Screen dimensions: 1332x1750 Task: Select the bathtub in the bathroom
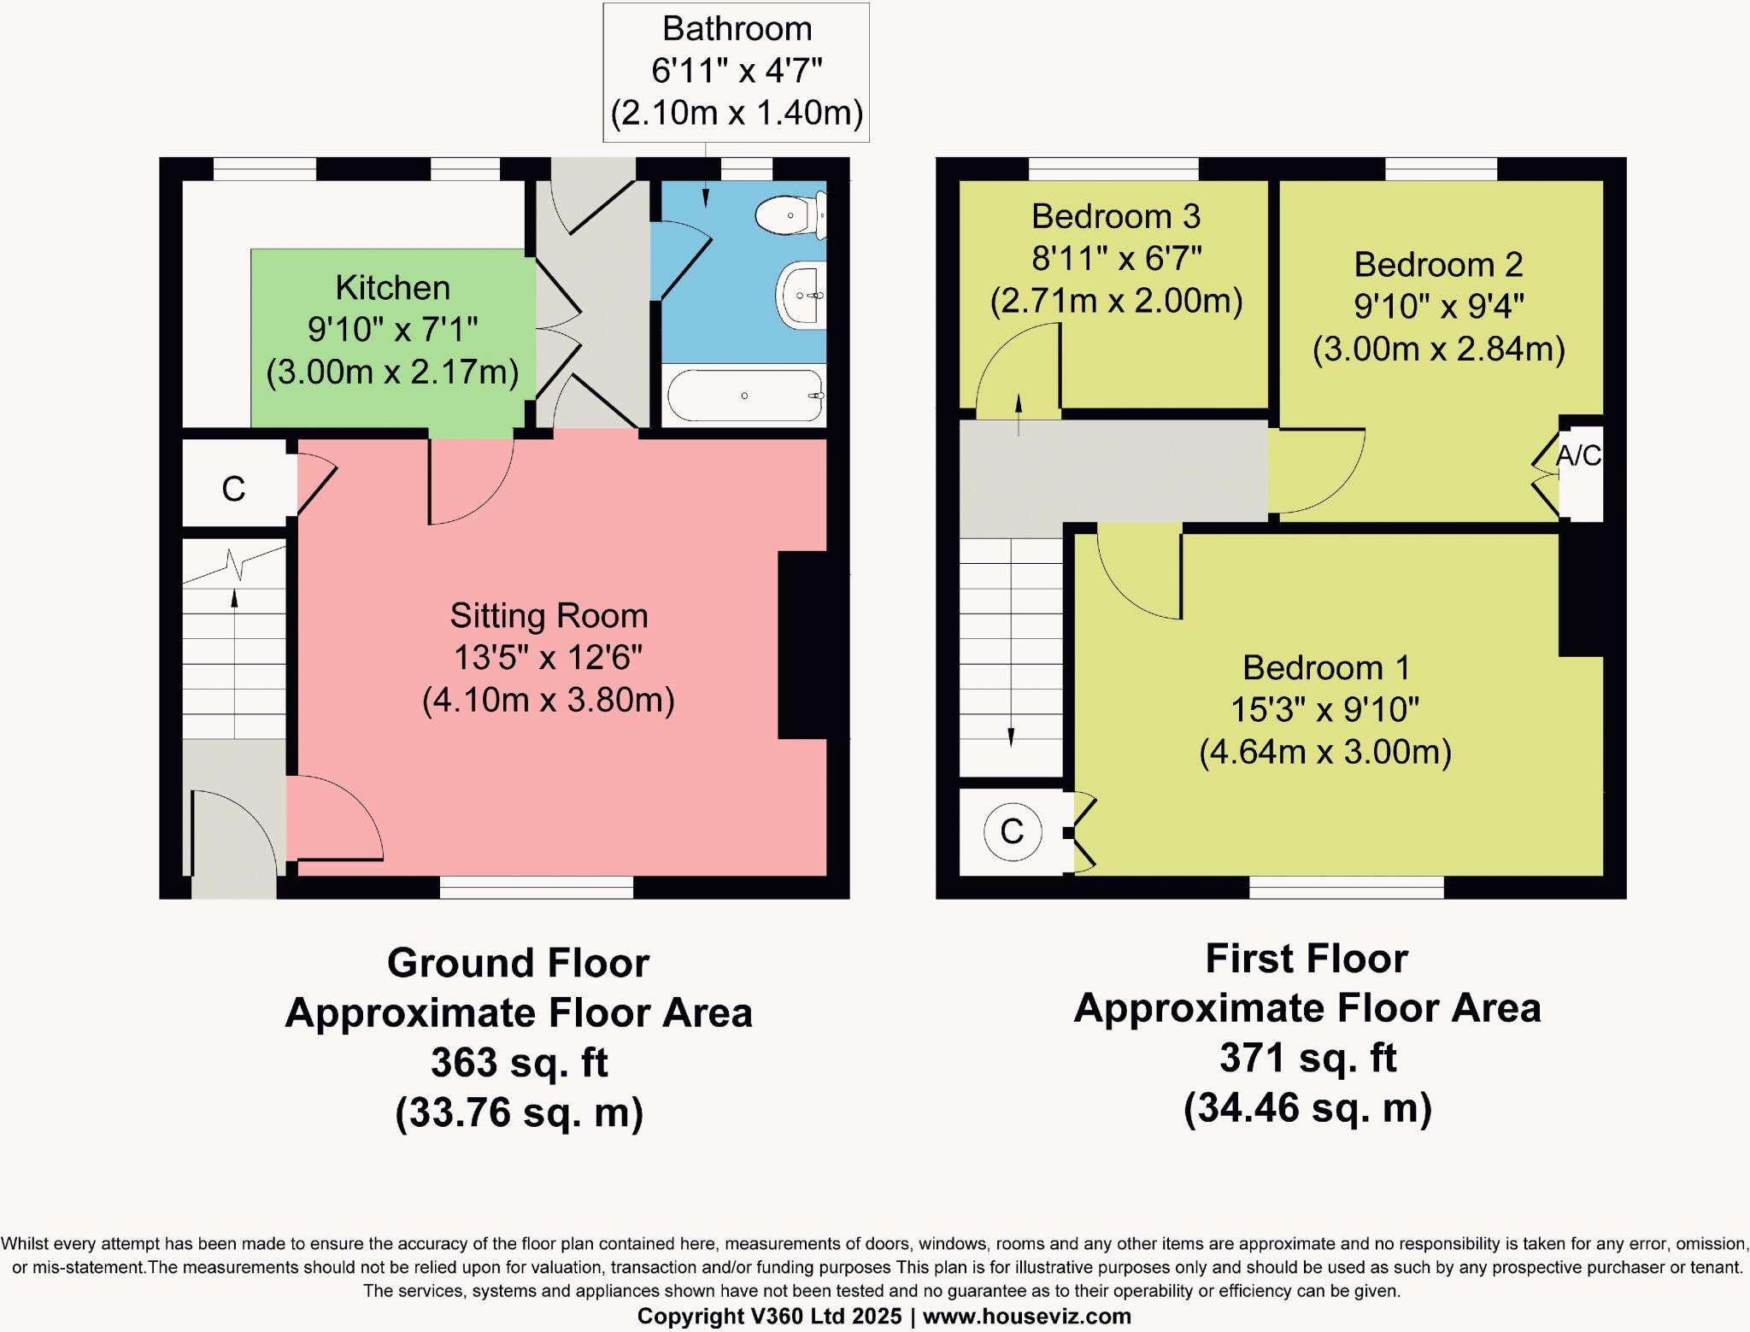coord(744,396)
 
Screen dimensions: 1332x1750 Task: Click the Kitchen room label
coord(392,288)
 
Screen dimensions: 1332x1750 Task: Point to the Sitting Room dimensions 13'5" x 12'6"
coord(548,658)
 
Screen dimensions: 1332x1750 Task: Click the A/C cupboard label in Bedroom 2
coord(1577,456)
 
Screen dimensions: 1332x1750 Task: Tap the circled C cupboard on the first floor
coord(1012,831)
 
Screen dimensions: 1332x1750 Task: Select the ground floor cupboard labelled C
coord(233,489)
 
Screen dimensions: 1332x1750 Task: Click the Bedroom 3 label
coord(1115,216)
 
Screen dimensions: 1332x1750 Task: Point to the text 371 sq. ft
coord(1307,1058)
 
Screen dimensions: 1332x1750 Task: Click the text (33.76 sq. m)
coord(519,1112)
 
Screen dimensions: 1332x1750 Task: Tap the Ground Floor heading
coord(518,963)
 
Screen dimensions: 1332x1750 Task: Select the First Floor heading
coord(1307,959)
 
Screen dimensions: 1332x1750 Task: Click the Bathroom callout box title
coord(737,29)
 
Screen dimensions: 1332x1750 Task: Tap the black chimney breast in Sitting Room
coord(802,645)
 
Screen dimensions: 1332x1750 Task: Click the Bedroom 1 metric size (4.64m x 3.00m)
coord(1325,752)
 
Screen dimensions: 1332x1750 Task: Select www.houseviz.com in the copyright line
coord(1026,1317)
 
